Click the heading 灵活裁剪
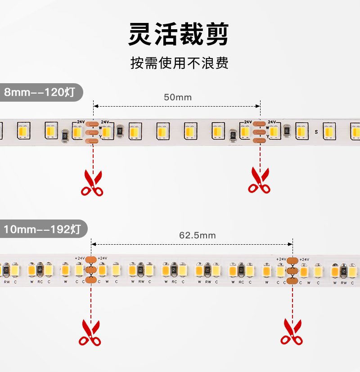(x=179, y=34)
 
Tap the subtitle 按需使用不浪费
(x=180, y=63)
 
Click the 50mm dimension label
(x=177, y=97)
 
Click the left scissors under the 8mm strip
(x=92, y=183)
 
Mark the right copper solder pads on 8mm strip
(x=259, y=132)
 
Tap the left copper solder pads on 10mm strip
(x=91, y=269)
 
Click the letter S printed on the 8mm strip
(x=316, y=132)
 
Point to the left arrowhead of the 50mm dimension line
(x=95, y=106)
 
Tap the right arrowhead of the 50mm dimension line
(x=258, y=106)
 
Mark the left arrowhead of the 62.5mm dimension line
(x=93, y=244)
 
